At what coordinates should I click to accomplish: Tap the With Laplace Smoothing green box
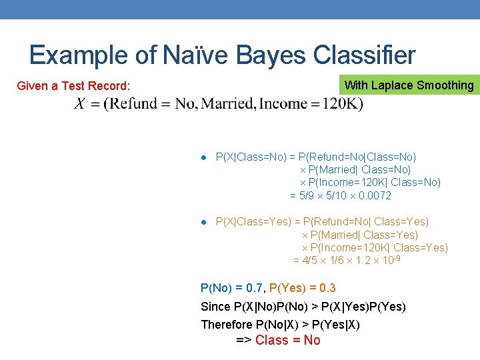(409, 85)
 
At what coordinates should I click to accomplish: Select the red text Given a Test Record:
(73, 86)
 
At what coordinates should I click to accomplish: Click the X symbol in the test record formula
(80, 104)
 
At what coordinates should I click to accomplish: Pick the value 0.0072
(375, 195)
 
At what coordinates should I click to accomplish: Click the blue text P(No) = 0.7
(231, 288)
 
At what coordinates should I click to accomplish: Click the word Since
(215, 307)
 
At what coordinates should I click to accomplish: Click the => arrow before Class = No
(243, 341)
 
